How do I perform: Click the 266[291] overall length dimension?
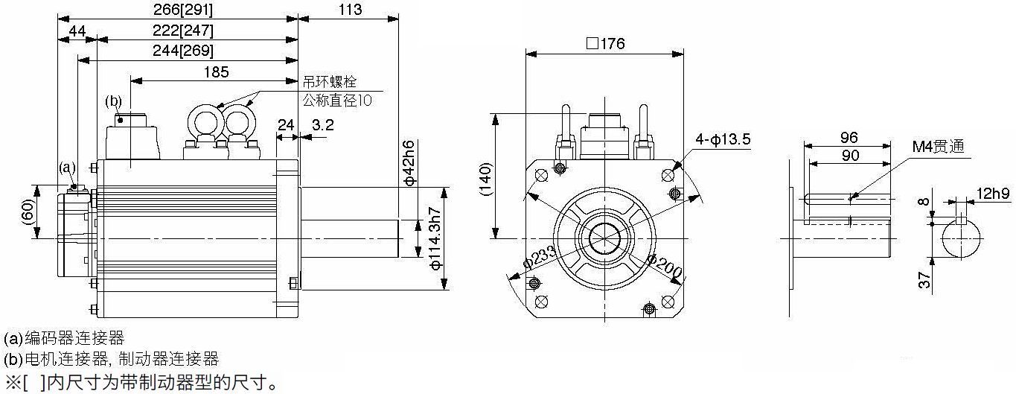183,10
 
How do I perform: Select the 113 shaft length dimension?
350,10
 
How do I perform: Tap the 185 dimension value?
217,72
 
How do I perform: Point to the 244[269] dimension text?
183,51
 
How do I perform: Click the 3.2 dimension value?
323,125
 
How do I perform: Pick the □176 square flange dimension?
606,44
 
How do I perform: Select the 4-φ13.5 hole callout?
723,139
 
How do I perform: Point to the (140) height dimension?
485,179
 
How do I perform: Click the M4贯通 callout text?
938,147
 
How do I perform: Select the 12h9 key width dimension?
993,194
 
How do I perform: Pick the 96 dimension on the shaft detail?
849,137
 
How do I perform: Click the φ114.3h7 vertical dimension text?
435,239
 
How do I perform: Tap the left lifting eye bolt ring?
205,121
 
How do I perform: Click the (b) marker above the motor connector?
113,101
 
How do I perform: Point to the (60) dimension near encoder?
28,212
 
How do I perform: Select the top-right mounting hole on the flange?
667,175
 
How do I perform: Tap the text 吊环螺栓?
330,82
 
